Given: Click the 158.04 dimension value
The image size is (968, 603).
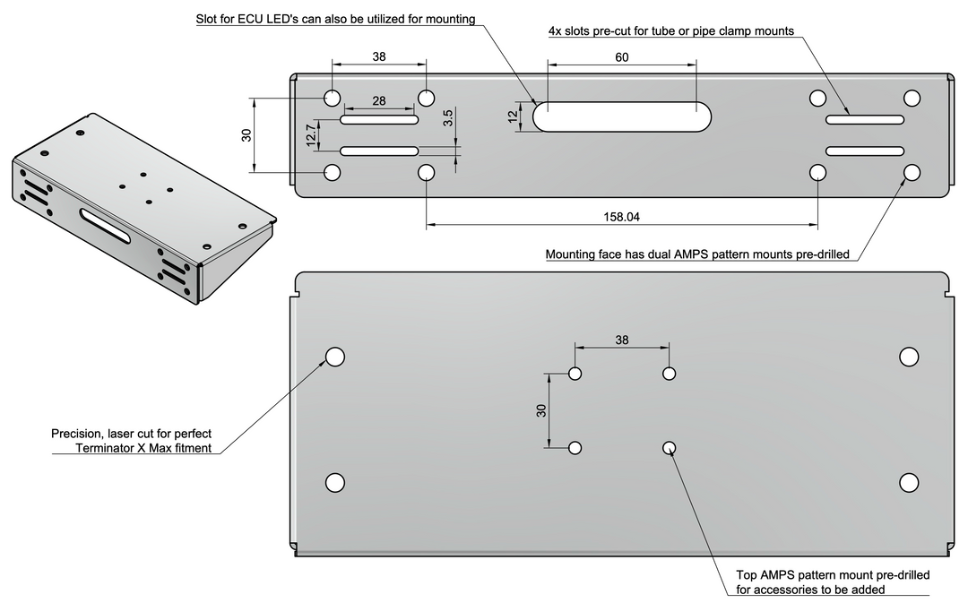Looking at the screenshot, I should tap(621, 217).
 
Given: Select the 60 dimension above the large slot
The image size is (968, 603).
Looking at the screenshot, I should tap(622, 57).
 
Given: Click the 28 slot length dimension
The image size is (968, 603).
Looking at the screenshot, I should tap(379, 101).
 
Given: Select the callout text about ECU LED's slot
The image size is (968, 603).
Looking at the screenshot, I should tap(335, 19).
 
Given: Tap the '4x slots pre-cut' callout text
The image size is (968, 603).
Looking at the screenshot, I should tap(670, 30).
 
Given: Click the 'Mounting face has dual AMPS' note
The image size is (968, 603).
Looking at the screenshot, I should tap(697, 254).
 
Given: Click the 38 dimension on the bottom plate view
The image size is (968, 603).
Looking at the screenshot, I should tap(622, 340).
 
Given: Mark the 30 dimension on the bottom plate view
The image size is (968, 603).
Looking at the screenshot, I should tap(541, 410).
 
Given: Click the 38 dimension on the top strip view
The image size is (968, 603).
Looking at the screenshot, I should tap(379, 56).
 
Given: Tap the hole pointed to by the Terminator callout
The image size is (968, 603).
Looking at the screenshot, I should tap(335, 357).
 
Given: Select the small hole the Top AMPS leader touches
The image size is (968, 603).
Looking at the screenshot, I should tap(669, 447).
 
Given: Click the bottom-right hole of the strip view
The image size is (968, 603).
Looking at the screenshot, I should tap(912, 172).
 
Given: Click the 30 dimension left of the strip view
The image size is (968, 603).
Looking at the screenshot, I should tap(246, 135).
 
